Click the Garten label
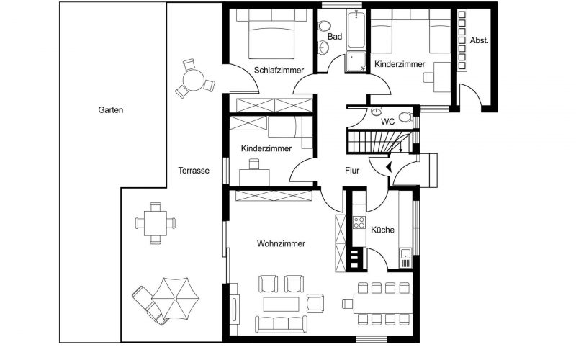point(112,111)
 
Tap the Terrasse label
point(194,171)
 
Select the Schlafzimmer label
point(279,70)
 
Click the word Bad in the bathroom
point(334,36)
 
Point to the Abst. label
point(480,41)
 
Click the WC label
point(387,122)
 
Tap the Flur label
point(352,171)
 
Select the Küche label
point(382,230)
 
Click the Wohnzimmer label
point(281,244)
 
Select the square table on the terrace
point(155,220)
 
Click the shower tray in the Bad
point(356,62)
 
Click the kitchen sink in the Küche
point(406,253)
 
